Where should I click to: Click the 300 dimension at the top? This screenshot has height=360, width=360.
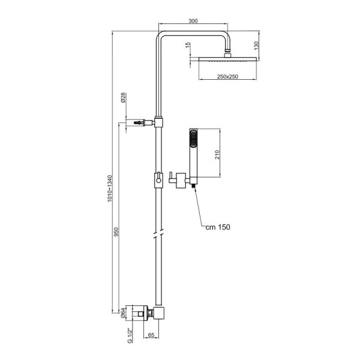pos(193,21)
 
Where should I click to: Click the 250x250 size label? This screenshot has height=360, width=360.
pos(227,77)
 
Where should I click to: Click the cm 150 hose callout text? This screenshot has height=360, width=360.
pos(217,227)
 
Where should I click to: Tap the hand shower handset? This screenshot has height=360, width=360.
pos(193,153)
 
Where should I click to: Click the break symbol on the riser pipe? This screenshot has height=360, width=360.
pos(158,233)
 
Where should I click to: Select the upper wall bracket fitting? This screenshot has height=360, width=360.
pos(144,122)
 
